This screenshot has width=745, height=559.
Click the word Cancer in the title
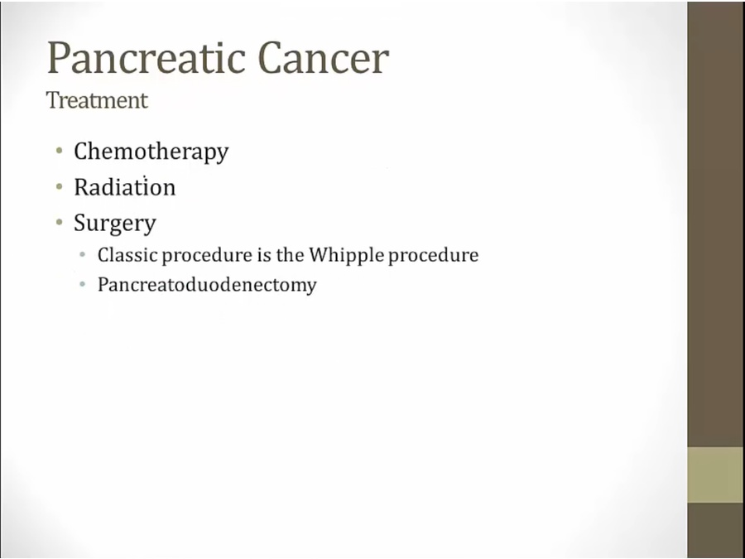pos(324,58)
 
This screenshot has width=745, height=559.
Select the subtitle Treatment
pos(97,100)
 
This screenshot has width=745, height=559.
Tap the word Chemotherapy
pos(151,152)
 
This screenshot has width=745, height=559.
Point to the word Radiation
pos(124,187)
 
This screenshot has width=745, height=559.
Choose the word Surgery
pos(115,224)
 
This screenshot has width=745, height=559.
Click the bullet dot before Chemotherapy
pos(60,152)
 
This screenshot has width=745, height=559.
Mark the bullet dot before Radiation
pos(60,187)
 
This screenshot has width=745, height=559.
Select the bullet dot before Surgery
pos(60,222)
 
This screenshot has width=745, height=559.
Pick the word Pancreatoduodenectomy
pos(207,285)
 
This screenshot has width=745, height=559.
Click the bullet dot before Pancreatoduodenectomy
pos(83,285)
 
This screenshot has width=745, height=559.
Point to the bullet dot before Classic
pos(83,255)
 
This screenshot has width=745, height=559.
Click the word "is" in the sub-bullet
pos(264,255)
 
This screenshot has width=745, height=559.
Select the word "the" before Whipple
pos(291,255)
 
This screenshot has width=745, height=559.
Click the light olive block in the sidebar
pos(715,475)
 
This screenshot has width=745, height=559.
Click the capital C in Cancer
pos(272,58)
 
